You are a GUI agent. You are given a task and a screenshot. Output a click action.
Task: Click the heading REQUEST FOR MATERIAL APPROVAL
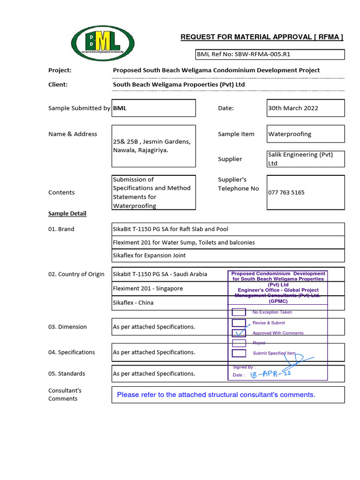tap(262, 37)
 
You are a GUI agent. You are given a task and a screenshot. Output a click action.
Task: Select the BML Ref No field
tap(270, 54)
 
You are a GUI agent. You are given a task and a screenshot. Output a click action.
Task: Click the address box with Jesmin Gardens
tap(153, 146)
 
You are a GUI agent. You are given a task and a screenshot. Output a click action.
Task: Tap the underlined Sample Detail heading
tap(67, 214)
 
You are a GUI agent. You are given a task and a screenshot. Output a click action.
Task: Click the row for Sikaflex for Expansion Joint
tap(228, 255)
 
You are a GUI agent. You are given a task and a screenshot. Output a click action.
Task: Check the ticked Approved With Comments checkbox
tap(239, 333)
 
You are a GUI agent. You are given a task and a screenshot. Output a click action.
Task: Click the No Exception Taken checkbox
tap(239, 312)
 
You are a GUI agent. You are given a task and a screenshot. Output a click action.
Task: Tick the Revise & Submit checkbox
tap(239, 322)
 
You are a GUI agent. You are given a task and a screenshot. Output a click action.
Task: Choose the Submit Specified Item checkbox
tap(239, 353)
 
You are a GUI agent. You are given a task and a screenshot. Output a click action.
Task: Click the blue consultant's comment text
tap(216, 395)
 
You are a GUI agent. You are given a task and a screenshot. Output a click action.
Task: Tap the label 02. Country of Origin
tap(76, 274)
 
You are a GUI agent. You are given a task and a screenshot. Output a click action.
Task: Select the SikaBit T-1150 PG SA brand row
tap(228, 229)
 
